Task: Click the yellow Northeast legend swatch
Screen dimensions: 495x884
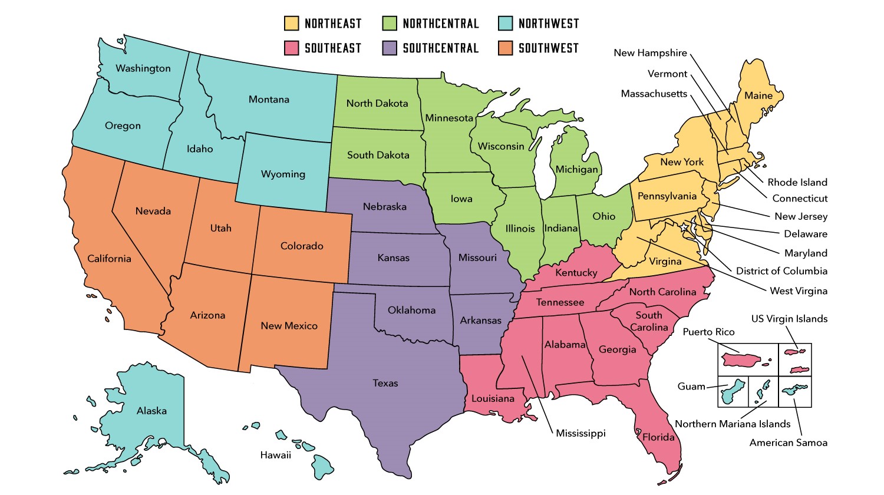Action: [291, 24]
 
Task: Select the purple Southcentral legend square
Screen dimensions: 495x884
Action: [390, 48]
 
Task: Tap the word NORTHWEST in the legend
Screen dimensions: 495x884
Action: [549, 24]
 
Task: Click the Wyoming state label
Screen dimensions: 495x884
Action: [283, 174]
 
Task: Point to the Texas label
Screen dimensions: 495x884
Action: [385, 383]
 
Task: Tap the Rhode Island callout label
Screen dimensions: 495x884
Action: [797, 182]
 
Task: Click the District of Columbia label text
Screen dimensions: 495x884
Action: [781, 271]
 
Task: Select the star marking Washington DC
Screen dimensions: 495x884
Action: [684, 226]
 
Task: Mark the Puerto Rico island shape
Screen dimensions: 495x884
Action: [741, 359]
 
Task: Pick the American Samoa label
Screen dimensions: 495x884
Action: [788, 443]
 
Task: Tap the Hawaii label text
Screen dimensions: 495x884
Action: [276, 455]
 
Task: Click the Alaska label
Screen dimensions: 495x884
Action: [151, 411]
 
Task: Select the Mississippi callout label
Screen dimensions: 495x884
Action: [580, 433]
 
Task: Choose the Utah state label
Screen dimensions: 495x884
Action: [221, 228]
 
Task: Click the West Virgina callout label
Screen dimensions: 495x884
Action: [798, 291]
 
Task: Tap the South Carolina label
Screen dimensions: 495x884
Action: [649, 321]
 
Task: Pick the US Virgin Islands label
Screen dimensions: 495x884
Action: [789, 319]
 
